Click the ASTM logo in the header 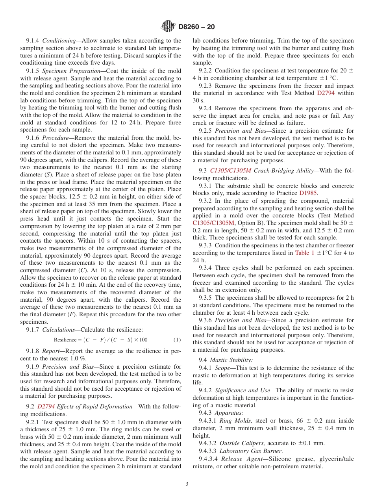click(168, 27)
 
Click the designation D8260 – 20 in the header click(196, 27)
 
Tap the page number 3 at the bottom click(187, 484)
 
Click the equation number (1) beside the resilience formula click(177, 340)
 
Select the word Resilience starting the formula click(65, 340)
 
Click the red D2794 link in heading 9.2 click(44, 407)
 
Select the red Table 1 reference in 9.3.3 click(304, 253)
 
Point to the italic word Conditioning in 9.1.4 click(59, 41)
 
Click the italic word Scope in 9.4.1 click(222, 368)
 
